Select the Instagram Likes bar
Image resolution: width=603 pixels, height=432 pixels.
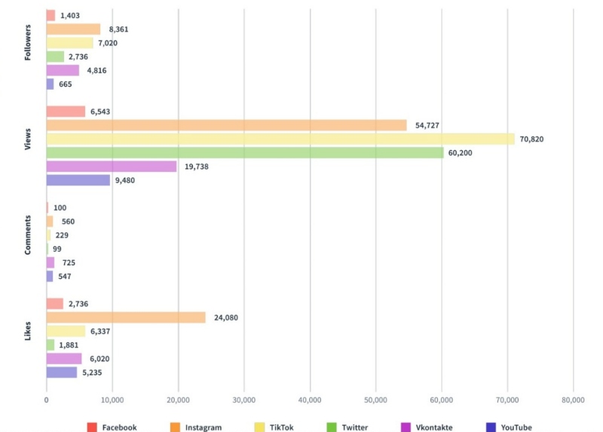126,317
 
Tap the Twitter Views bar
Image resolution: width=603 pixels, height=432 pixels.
245,152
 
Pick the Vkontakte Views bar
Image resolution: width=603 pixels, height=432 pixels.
112,167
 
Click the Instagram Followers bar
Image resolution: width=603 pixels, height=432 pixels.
73,29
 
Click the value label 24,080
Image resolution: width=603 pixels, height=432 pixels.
226,317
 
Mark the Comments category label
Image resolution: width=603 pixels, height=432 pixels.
28,234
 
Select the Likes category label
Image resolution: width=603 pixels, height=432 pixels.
28,331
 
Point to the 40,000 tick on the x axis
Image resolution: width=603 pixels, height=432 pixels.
310,400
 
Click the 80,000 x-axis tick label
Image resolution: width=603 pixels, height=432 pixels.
573,400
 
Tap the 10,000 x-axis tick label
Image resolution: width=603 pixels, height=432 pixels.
112,400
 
